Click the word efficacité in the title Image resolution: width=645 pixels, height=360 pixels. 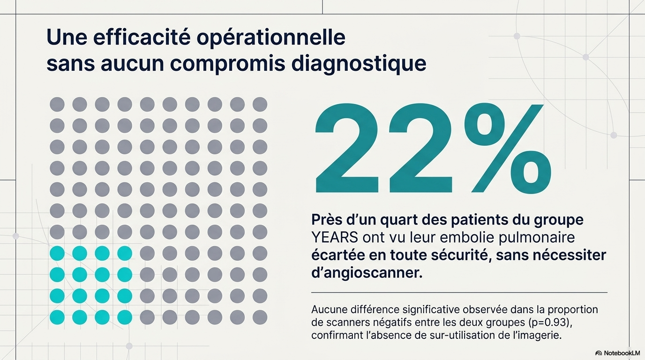(x=142, y=37)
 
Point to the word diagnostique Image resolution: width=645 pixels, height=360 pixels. (x=359, y=64)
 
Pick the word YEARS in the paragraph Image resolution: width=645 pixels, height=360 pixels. (x=335, y=238)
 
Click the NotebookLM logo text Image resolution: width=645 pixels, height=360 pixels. (x=622, y=353)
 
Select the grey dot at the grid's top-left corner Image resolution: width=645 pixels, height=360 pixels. (x=57, y=104)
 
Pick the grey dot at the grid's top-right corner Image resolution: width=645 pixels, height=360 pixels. (x=260, y=104)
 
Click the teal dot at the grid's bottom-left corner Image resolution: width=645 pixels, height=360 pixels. (x=57, y=317)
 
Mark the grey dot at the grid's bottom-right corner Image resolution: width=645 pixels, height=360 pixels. (x=260, y=317)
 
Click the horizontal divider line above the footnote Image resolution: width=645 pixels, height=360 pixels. (x=459, y=292)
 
